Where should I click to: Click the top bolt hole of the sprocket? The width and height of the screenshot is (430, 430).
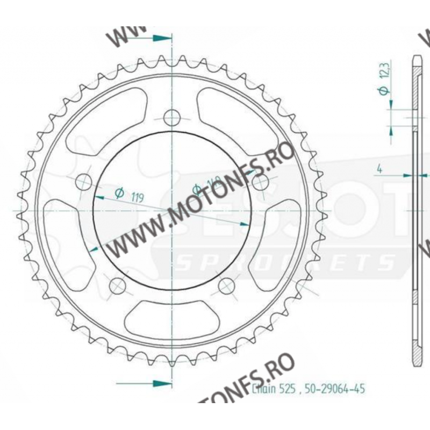[x=172, y=117]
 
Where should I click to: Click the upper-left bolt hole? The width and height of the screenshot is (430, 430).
[x=84, y=182]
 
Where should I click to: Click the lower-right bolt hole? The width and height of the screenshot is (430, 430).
[x=226, y=285]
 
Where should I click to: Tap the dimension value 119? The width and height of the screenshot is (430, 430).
[x=137, y=197]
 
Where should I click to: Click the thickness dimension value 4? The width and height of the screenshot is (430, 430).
[x=380, y=169]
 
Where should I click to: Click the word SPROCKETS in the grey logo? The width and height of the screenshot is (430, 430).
[x=285, y=263]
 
